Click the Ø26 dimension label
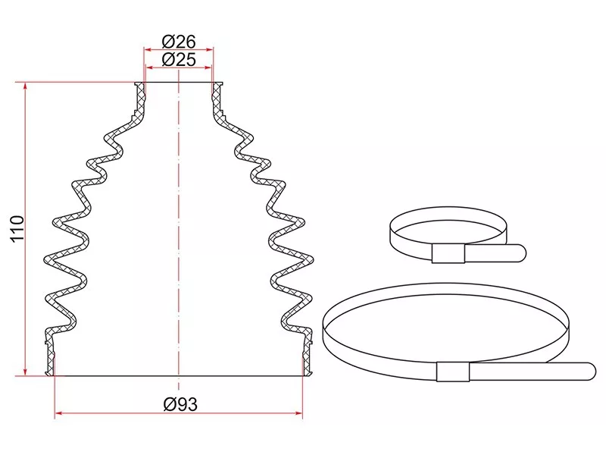click(179, 41)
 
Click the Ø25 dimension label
click(179, 60)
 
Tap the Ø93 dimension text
click(180, 405)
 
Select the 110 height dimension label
click(17, 229)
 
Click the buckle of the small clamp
click(448, 254)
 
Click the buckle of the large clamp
click(453, 372)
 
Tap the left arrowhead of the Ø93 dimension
click(59, 413)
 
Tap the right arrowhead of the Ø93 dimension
click(298, 413)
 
